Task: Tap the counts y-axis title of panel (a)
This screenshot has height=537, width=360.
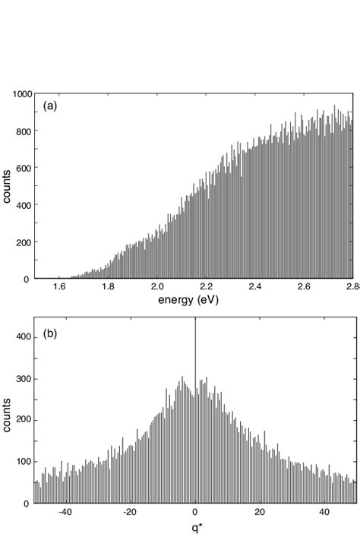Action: coord(7,186)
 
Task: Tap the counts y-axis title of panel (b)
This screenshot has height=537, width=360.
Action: coord(7,414)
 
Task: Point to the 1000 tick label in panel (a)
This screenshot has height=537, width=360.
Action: coord(21,94)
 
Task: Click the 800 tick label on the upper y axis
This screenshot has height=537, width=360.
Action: coord(24,131)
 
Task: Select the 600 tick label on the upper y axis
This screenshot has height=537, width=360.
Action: coord(24,168)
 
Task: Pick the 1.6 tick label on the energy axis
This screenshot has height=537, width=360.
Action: coord(61,288)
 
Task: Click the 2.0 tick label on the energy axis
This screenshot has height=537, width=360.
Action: coord(157,288)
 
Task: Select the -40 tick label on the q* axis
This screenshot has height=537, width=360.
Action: coord(66,512)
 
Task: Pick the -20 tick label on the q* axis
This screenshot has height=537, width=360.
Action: coord(131,512)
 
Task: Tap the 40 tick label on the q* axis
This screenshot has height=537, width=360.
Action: coord(324,512)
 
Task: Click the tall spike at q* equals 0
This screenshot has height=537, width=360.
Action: coord(195,357)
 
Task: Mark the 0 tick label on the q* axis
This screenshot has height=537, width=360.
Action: coord(195,512)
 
